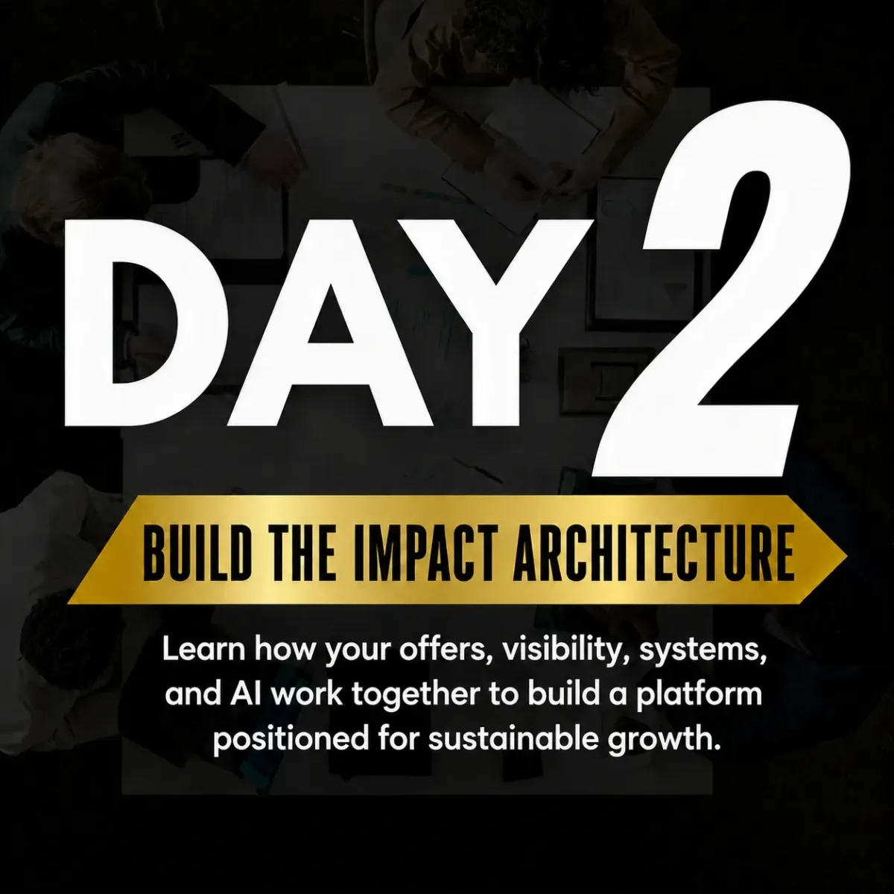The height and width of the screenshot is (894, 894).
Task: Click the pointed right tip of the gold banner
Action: [x=847, y=557]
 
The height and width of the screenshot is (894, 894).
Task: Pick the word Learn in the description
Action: [x=203, y=650]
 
